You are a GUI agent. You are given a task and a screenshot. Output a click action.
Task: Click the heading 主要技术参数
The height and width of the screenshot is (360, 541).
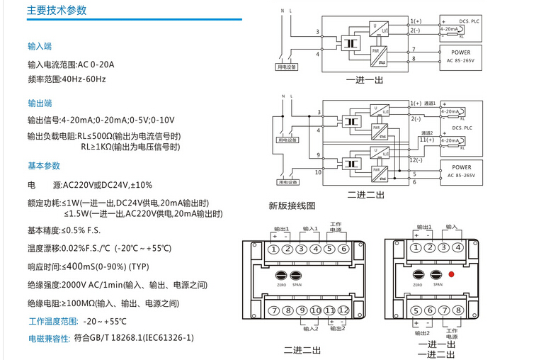57,11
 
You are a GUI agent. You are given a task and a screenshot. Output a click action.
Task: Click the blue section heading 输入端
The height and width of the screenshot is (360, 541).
40,46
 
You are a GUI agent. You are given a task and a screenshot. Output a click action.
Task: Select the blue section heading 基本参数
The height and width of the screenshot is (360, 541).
44,165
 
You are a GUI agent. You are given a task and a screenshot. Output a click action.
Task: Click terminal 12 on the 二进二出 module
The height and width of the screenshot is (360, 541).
343,311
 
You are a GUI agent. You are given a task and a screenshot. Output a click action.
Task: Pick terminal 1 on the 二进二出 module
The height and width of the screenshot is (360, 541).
274,249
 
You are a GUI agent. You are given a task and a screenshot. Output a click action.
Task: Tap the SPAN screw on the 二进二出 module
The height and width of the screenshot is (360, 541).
297,275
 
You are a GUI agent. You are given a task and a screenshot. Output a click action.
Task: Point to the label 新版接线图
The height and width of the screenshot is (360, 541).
292,206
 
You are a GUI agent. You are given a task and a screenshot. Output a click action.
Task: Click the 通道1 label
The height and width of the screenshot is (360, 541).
430,103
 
